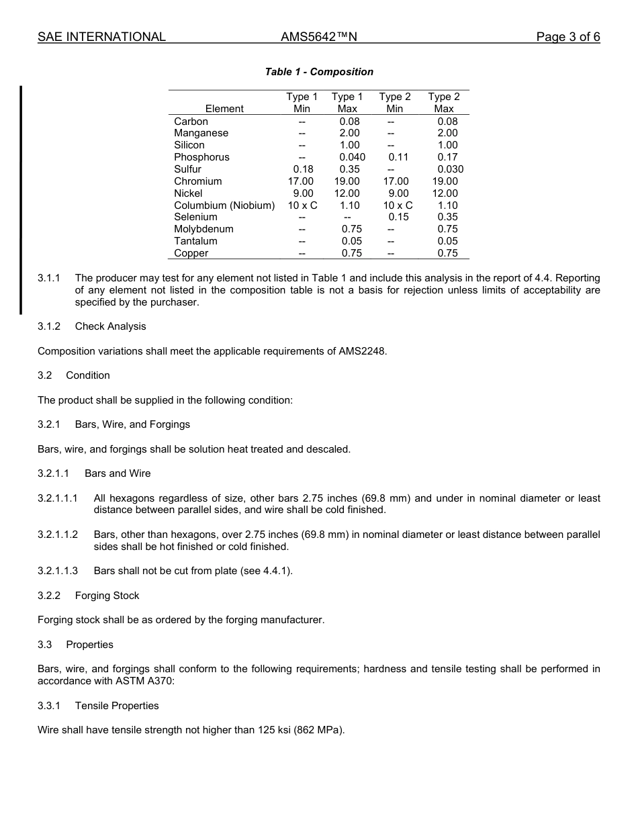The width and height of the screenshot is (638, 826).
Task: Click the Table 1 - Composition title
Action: tap(319, 72)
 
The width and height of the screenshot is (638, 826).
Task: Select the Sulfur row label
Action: tap(187, 169)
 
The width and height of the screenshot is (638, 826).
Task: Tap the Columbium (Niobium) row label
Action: tap(224, 205)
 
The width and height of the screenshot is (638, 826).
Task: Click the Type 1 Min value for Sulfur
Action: tap(303, 169)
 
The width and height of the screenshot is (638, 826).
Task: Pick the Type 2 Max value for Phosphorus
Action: tap(447, 157)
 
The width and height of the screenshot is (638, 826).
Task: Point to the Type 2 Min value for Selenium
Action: tap(398, 217)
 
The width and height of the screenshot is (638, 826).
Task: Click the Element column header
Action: tap(224, 109)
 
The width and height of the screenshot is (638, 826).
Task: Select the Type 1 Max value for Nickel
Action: tap(347, 193)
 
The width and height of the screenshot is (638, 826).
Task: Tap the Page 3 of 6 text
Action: tap(567, 37)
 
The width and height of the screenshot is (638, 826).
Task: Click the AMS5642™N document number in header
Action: tap(318, 37)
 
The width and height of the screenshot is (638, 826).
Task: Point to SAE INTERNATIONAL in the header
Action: tap(101, 37)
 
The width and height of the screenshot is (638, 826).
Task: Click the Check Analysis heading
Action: tap(110, 326)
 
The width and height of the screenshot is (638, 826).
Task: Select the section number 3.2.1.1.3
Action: tap(58, 571)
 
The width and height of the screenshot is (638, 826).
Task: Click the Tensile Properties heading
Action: tap(117, 706)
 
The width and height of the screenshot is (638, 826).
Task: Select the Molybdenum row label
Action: tap(203, 229)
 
